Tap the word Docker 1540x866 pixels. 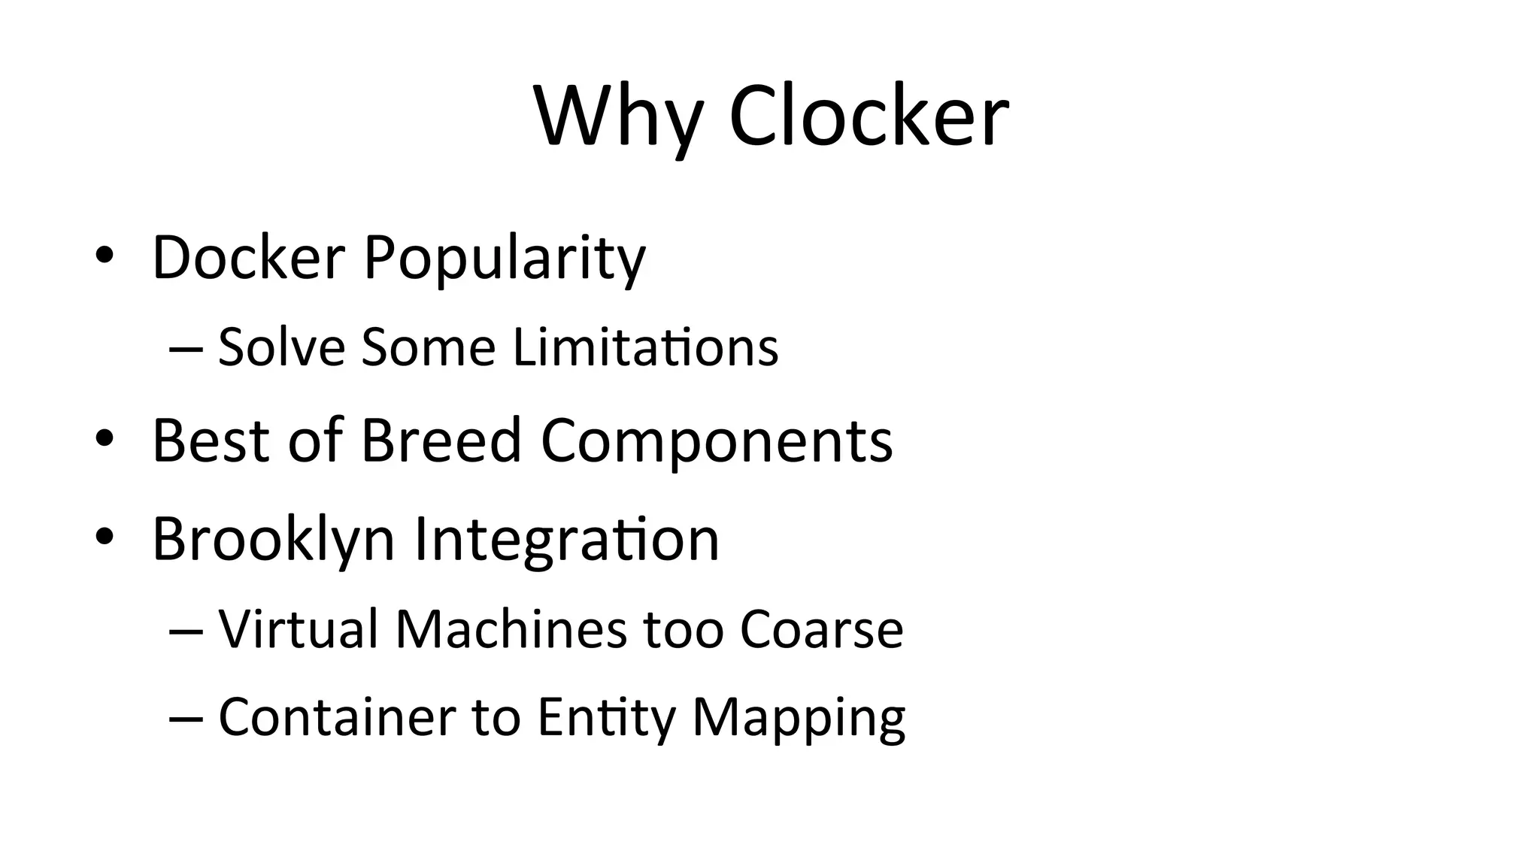(x=248, y=258)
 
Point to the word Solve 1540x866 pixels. (x=281, y=347)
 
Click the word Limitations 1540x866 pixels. (x=646, y=347)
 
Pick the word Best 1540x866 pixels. (x=211, y=441)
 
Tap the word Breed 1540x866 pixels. (x=441, y=441)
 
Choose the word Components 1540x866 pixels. (x=717, y=442)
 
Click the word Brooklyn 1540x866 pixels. (x=274, y=540)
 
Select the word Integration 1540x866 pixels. (x=567, y=540)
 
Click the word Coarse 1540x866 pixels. (x=821, y=629)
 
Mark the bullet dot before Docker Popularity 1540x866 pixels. (x=105, y=256)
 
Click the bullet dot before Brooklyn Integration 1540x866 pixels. (x=105, y=536)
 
